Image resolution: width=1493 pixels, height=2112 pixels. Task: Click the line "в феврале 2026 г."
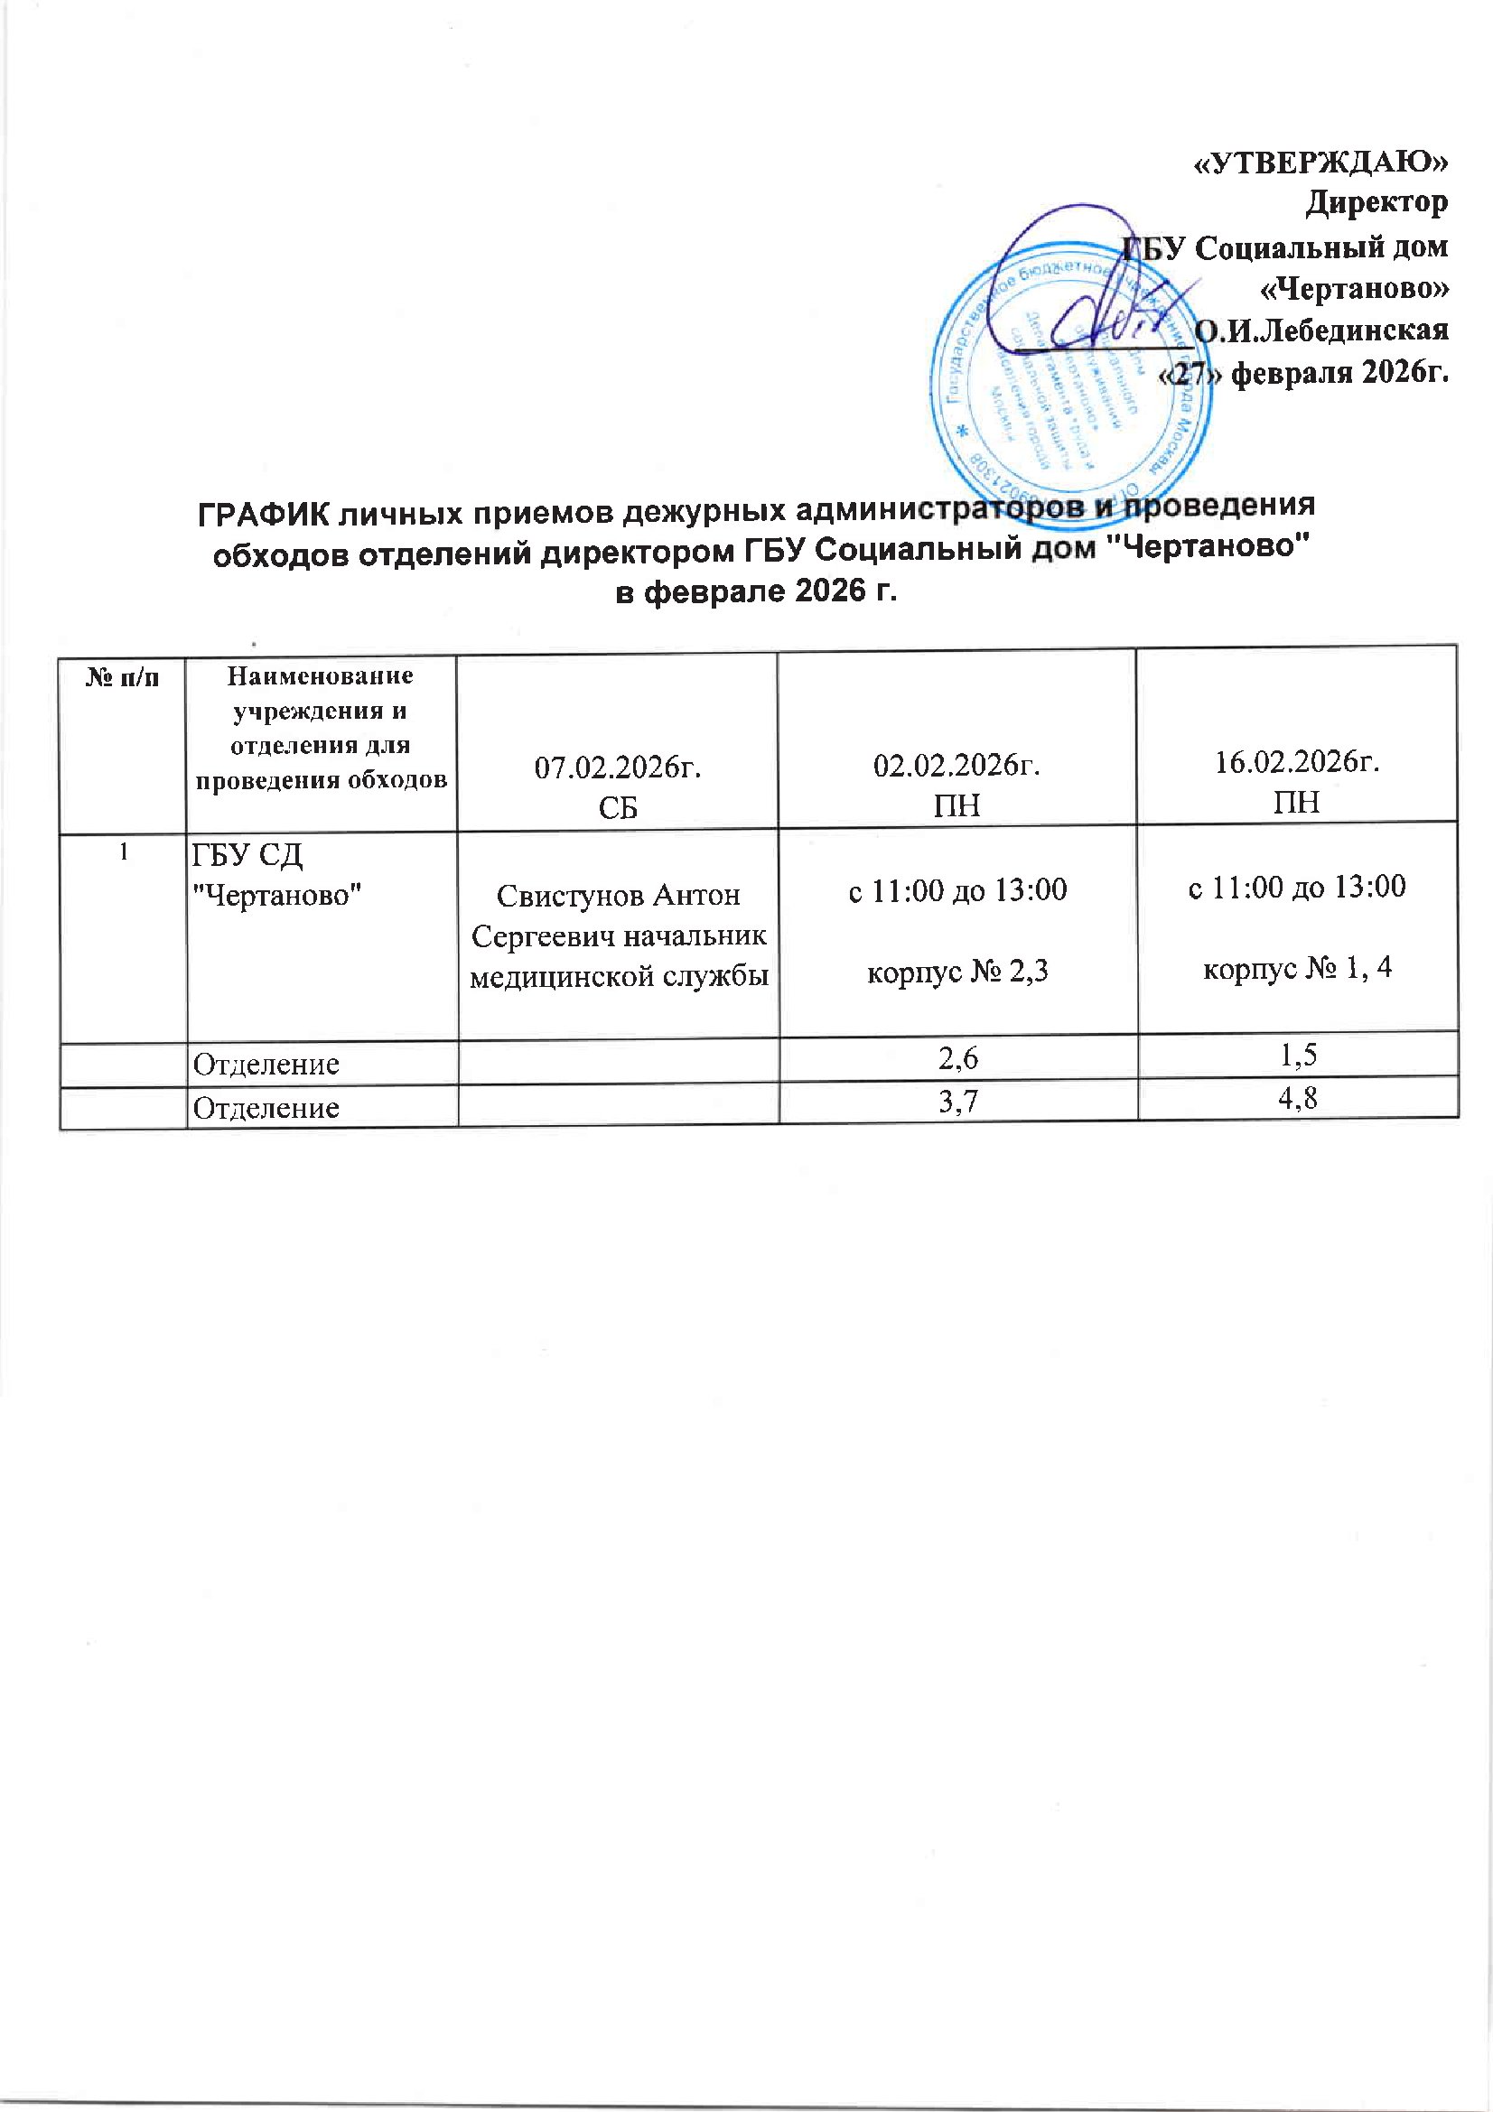point(755,592)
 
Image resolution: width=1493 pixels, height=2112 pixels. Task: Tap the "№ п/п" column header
point(122,680)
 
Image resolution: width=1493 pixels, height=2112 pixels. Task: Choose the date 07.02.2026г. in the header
point(618,768)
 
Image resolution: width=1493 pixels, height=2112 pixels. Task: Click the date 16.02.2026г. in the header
point(1296,765)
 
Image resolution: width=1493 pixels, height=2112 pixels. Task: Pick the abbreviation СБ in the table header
point(618,806)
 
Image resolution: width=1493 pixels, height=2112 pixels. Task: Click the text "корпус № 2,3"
point(957,972)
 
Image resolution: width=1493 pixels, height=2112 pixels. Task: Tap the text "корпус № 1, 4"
point(1298,969)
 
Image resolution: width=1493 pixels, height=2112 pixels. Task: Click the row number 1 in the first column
point(122,852)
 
